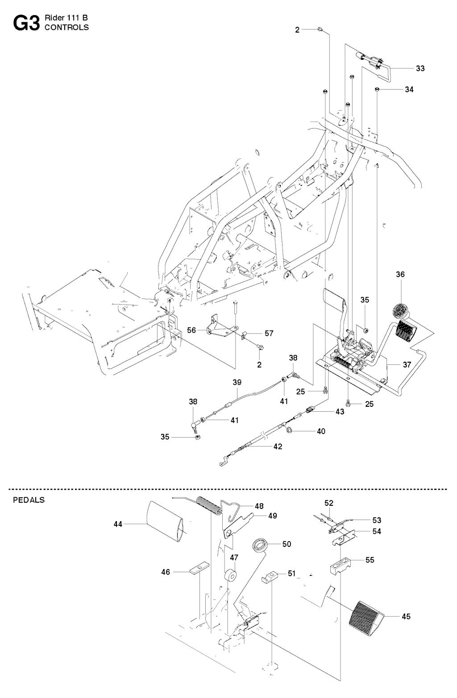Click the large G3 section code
pyautogui.click(x=26, y=23)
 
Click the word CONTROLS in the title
pyautogui.click(x=66, y=28)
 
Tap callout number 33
pyautogui.click(x=420, y=69)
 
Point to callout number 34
pyautogui.click(x=409, y=90)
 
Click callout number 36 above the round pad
pyautogui.click(x=400, y=275)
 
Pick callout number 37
pyautogui.click(x=407, y=364)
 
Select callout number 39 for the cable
pyautogui.click(x=237, y=383)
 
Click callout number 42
pyautogui.click(x=278, y=446)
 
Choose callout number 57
pyautogui.click(x=269, y=334)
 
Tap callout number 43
pyautogui.click(x=340, y=412)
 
